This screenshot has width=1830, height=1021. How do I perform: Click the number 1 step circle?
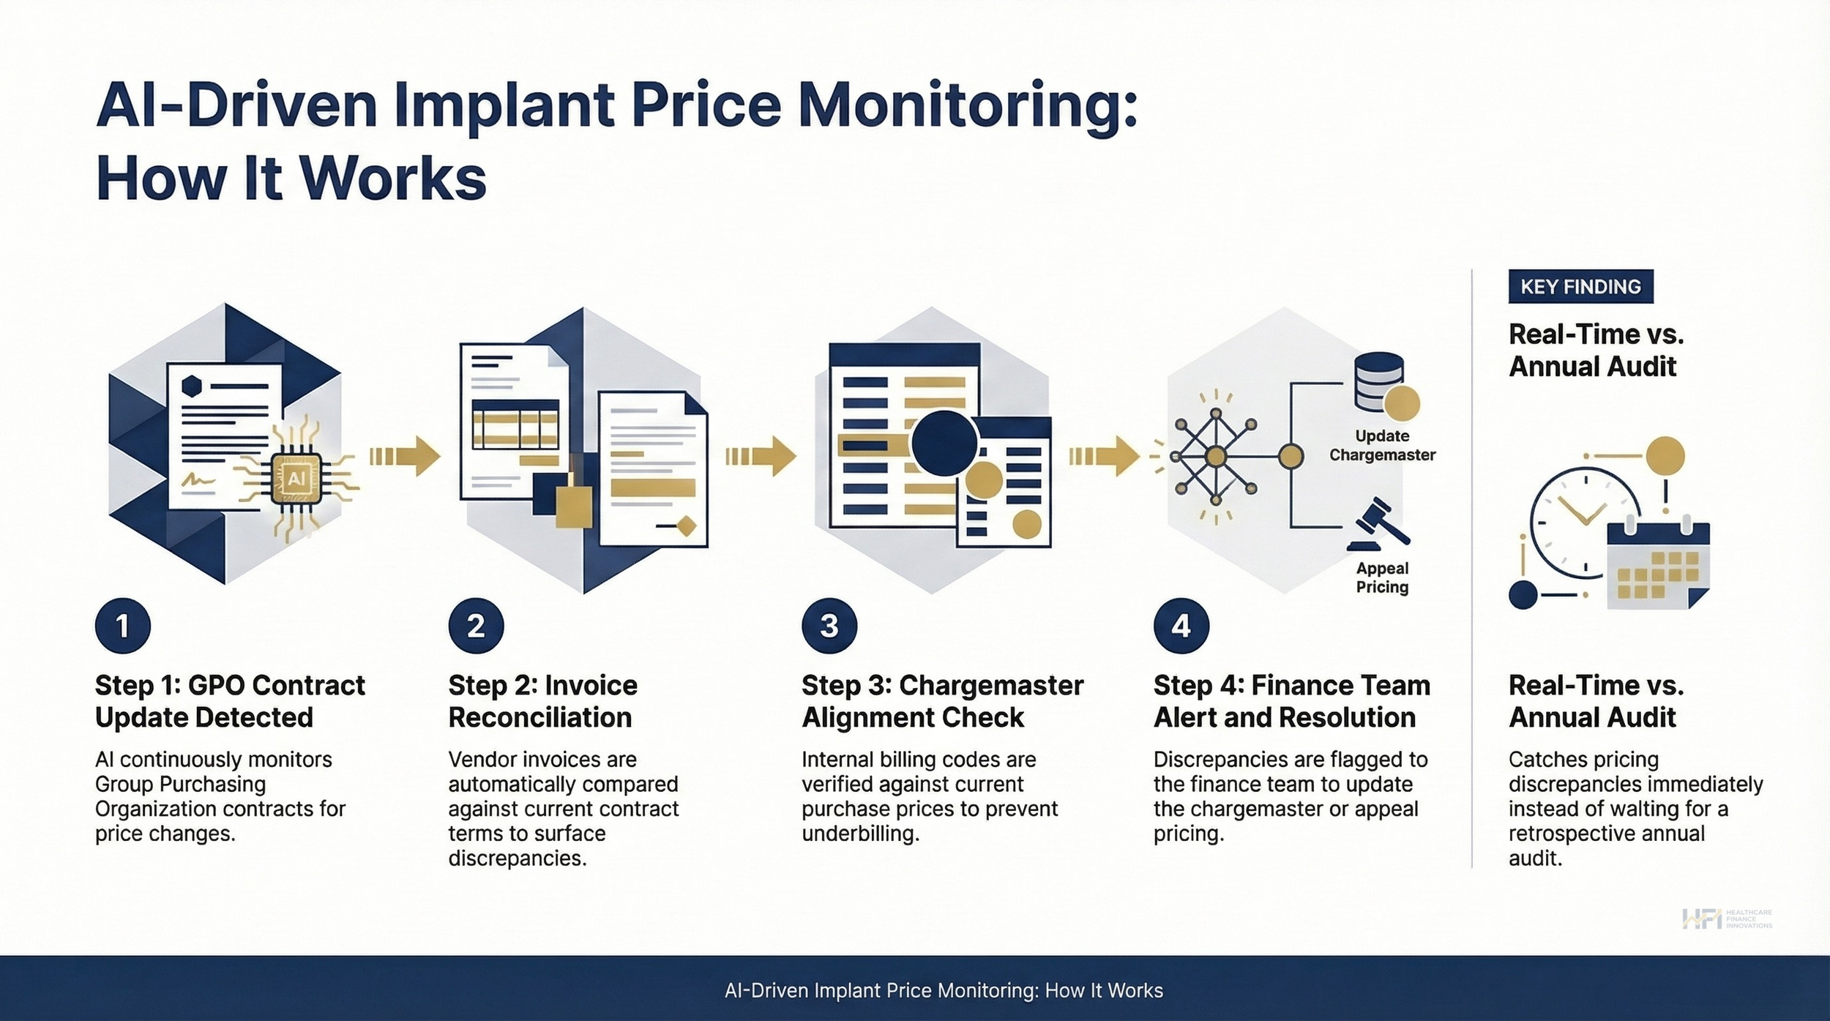click(x=123, y=626)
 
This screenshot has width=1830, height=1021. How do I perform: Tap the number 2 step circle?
click(x=476, y=626)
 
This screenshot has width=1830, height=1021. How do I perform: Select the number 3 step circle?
click(x=829, y=626)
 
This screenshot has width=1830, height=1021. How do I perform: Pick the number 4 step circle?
click(x=1181, y=626)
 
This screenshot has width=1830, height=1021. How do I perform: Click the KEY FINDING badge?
click(x=1580, y=286)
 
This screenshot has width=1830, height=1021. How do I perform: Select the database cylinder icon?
click(x=1379, y=381)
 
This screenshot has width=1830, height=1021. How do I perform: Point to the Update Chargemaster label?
click(x=1382, y=445)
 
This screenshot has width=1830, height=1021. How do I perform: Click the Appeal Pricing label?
click(x=1382, y=577)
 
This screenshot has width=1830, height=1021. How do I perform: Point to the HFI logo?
click(x=1726, y=919)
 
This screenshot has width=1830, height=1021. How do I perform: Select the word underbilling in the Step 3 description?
click(x=860, y=834)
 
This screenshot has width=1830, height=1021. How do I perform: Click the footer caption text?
click(x=944, y=990)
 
